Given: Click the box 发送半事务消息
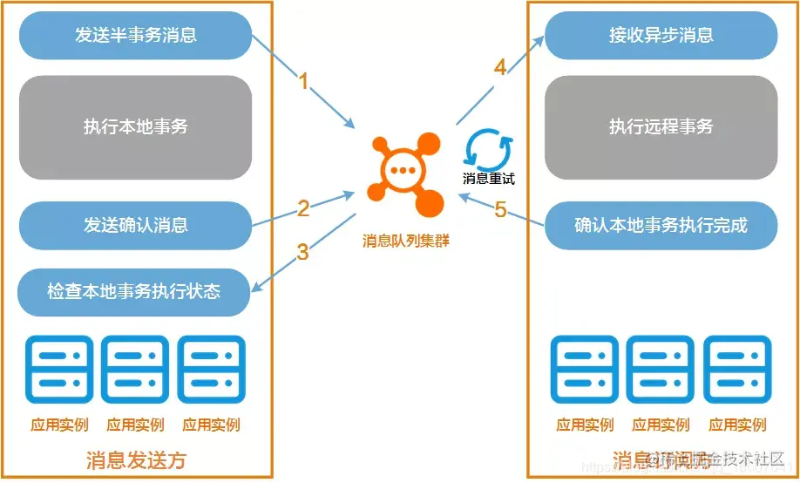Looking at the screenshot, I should pyautogui.click(x=135, y=36).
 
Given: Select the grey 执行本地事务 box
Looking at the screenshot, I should pyautogui.click(x=135, y=126).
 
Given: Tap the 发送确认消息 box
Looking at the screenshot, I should pyautogui.click(x=135, y=225).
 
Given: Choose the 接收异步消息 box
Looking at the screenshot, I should pyautogui.click(x=661, y=36).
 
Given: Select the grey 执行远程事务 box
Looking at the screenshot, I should pyautogui.click(x=661, y=126).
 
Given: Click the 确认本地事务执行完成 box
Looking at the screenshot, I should pyautogui.click(x=661, y=225).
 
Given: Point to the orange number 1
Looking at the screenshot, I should pyautogui.click(x=304, y=81).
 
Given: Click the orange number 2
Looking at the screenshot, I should pyautogui.click(x=303, y=208).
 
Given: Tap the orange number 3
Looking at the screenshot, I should pyautogui.click(x=302, y=253).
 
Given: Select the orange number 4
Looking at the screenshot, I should pyautogui.click(x=499, y=67).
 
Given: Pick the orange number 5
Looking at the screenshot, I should pyautogui.click(x=500, y=209).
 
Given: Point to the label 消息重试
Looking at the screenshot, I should pyautogui.click(x=488, y=179).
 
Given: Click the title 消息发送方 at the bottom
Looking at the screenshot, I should pyautogui.click(x=137, y=459).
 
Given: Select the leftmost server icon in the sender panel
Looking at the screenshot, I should pyautogui.click(x=59, y=369).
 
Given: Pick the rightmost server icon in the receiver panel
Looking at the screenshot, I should pyautogui.click(x=737, y=369).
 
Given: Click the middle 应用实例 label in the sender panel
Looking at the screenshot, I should pyautogui.click(x=135, y=425).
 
